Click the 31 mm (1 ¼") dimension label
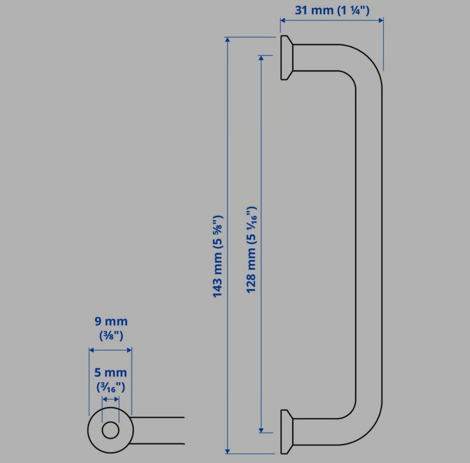point(332,10)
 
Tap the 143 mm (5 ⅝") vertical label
point(218,256)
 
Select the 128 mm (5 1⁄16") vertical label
point(251,250)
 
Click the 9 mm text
point(111,321)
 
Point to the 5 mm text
point(111,373)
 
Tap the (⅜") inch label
point(111,335)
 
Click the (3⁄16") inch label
point(111,387)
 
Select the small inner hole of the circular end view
point(110,430)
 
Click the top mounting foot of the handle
point(286,58)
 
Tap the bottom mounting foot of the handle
point(286,432)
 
